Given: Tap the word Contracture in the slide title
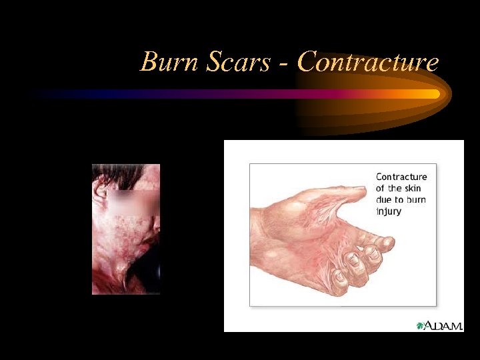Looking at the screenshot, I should click(x=368, y=62).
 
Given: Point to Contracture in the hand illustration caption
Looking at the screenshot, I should click(x=401, y=177).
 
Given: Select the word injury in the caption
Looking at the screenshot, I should click(x=389, y=211).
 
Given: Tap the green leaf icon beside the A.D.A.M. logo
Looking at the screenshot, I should click(x=420, y=325).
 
